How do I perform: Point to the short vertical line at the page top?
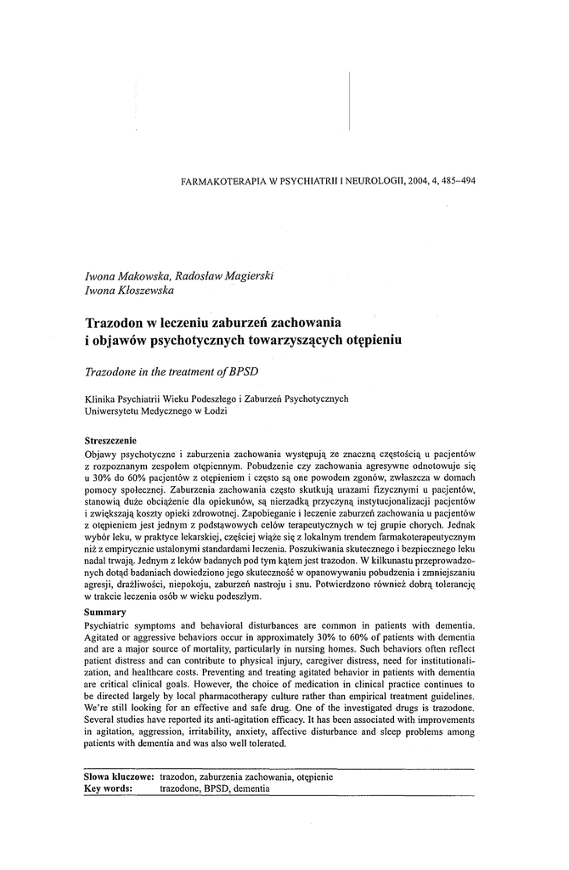coord(349,100)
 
